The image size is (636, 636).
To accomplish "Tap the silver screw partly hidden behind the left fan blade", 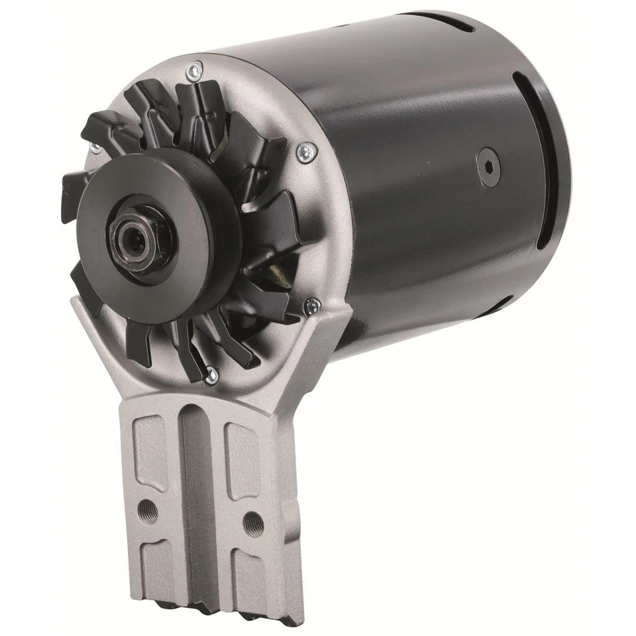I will pos(95,148).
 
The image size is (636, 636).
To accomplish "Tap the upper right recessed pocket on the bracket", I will pos(242,460).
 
